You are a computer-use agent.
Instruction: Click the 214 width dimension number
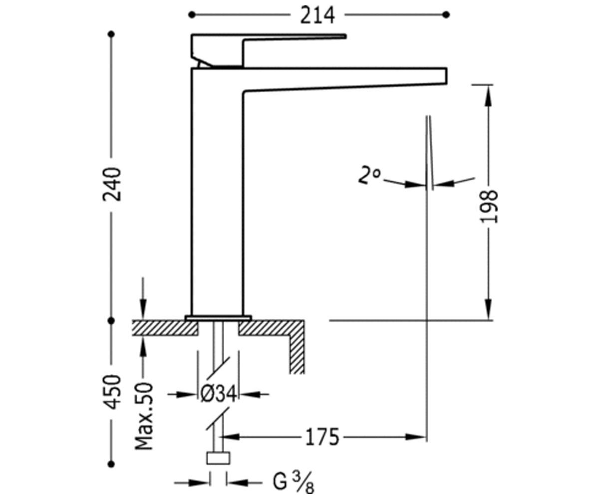(x=317, y=15)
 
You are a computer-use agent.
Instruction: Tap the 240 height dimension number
(x=112, y=185)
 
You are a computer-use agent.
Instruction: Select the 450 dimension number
(x=112, y=392)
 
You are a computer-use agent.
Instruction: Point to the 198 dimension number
(x=489, y=206)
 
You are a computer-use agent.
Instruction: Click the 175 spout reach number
(x=322, y=437)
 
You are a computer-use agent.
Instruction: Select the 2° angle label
(x=369, y=175)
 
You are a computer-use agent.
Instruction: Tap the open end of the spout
(x=446, y=76)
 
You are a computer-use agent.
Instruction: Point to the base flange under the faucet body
(x=218, y=318)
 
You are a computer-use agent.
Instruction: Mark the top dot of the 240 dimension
(x=112, y=34)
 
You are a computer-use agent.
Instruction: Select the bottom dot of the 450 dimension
(x=112, y=464)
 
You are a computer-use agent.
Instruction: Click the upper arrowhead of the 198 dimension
(x=489, y=96)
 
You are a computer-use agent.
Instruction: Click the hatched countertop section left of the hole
(x=165, y=328)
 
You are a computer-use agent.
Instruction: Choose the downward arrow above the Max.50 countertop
(x=144, y=298)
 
